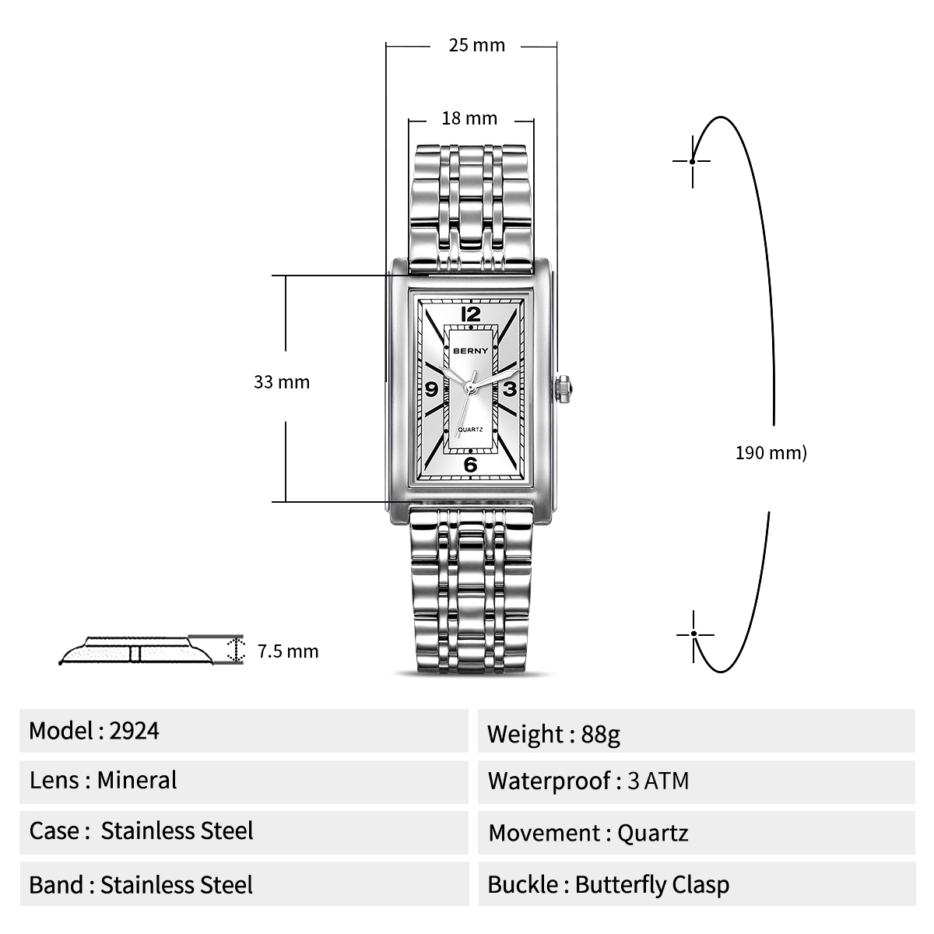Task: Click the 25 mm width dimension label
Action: point(476,45)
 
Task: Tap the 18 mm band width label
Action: point(469,118)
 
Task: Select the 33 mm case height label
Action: point(282,382)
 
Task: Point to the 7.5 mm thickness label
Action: point(288,651)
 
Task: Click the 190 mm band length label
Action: point(771,452)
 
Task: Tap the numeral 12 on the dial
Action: point(471,314)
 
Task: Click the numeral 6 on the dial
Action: point(471,465)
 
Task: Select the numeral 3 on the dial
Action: point(509,389)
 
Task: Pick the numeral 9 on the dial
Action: point(432,390)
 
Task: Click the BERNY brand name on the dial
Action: point(471,350)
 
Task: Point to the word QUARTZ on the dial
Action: point(472,430)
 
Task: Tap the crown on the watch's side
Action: point(564,388)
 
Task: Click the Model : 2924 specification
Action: point(94,731)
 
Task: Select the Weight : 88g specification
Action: point(553,734)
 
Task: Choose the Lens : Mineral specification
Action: point(104,781)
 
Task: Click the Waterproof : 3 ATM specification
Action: point(588,781)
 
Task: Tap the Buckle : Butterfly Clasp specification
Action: point(609,885)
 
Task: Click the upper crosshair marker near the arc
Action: point(692,161)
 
